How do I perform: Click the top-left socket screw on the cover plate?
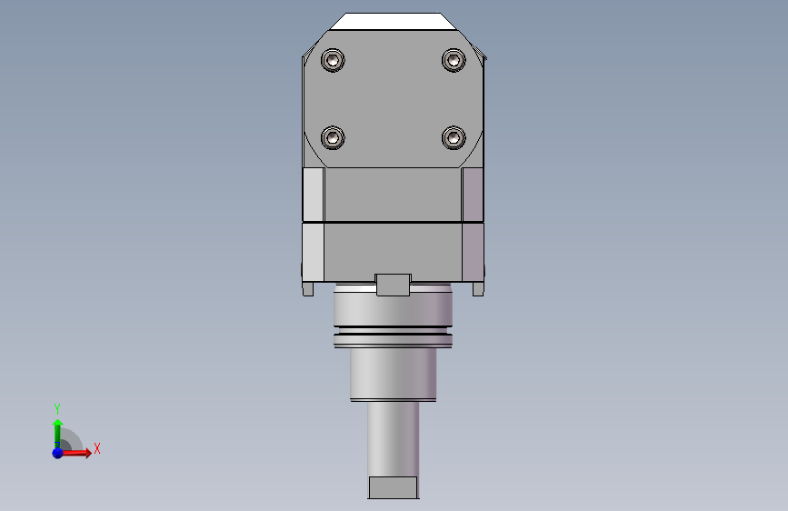[334, 61]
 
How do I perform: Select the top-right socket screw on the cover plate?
[453, 61]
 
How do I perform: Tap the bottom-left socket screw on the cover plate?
[334, 138]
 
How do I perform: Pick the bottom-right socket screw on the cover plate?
[453, 138]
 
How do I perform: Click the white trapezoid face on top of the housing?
[393, 22]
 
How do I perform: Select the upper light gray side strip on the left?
[313, 195]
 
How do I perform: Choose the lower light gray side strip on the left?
[313, 252]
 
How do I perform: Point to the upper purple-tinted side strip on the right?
[473, 195]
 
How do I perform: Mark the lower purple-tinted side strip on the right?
[473, 252]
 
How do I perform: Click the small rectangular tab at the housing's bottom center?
[393, 285]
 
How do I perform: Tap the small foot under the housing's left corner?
[308, 289]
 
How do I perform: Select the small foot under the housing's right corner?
[477, 289]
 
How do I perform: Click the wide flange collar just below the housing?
[393, 309]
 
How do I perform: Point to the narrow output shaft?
[393, 436]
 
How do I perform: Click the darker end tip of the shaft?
[393, 487]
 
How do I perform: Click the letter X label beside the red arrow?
[96, 448]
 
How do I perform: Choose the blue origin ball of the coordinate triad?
[57, 452]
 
